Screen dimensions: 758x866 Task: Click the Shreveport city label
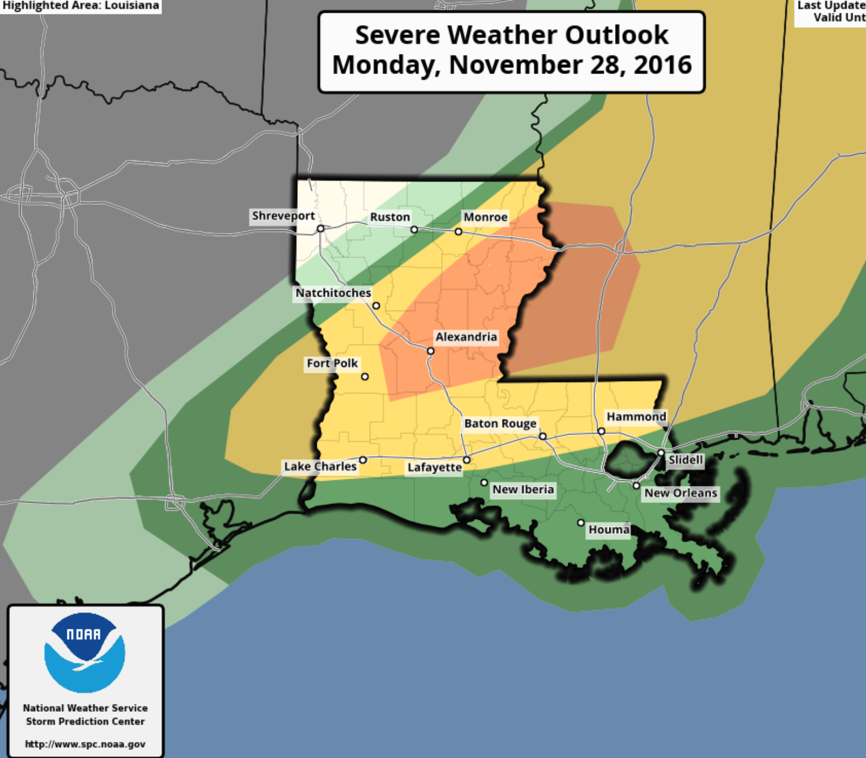click(283, 216)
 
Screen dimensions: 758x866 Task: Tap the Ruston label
click(390, 217)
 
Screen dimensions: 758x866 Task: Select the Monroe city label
click(485, 217)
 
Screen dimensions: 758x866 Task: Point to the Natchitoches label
click(333, 293)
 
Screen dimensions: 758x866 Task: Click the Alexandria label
click(466, 337)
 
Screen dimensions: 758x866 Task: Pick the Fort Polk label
click(332, 363)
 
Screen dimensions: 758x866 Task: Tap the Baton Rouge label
click(500, 424)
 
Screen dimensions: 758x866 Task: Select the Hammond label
click(636, 417)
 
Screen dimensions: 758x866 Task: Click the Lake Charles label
click(320, 466)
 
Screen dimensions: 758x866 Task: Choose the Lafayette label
click(435, 467)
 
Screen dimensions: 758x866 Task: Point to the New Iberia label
click(523, 490)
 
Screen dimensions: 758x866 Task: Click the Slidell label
click(686, 460)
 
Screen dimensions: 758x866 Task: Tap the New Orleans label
click(681, 493)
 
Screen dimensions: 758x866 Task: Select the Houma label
click(609, 530)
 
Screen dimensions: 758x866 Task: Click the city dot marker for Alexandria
click(430, 351)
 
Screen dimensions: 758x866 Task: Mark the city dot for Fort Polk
click(365, 377)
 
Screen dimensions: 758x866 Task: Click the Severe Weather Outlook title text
click(511, 50)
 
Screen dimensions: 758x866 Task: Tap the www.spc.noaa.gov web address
click(85, 744)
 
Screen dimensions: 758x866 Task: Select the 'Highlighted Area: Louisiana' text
click(81, 6)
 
